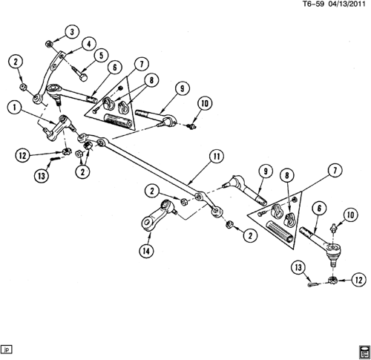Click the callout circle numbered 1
coord(15,108)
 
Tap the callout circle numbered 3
coord(72,32)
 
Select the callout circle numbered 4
coord(88,44)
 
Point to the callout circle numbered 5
coord(101,56)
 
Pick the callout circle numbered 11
coord(217,157)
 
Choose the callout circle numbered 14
coord(146,252)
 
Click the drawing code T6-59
coord(313,4)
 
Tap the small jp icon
coord(7,349)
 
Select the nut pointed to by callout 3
coord(48,45)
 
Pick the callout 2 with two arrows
coord(82,171)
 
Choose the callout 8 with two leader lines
coord(151,81)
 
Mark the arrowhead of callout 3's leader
coord(53,42)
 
